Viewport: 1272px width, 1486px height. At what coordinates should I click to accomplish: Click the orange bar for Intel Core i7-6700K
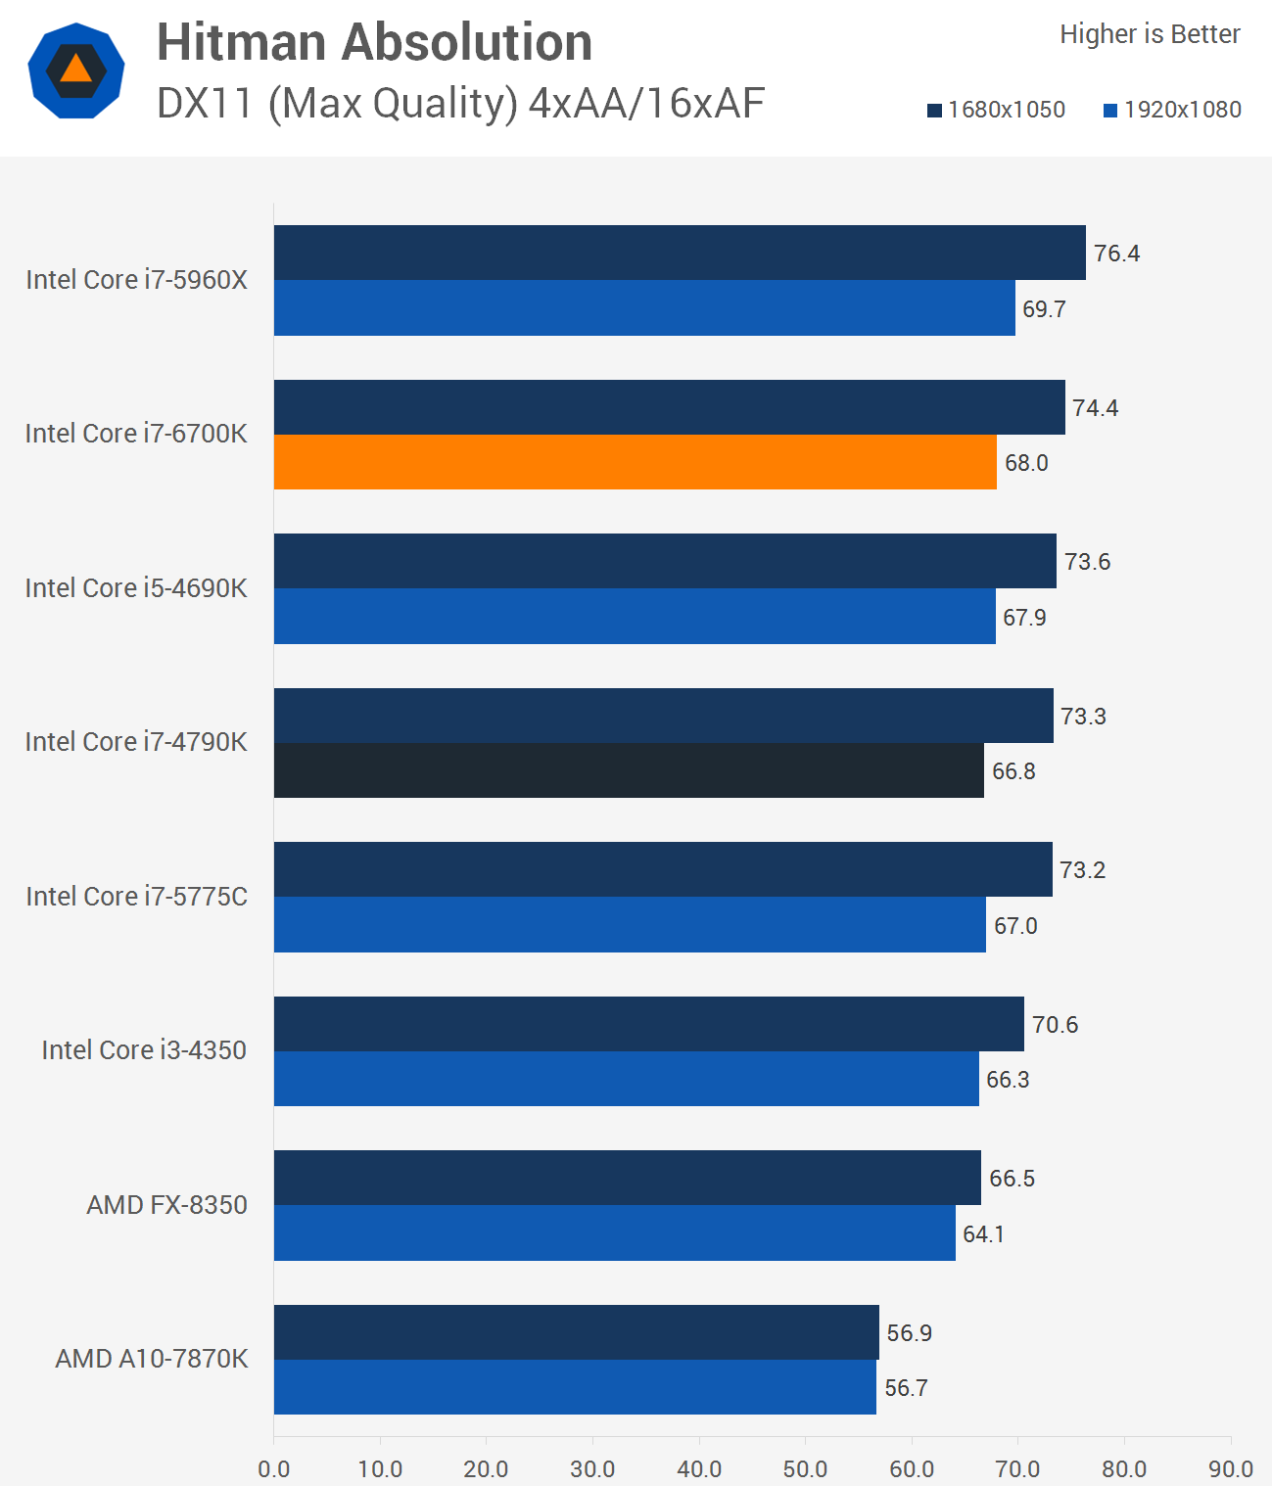coord(635,462)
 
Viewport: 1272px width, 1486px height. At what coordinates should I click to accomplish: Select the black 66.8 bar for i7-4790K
coord(629,770)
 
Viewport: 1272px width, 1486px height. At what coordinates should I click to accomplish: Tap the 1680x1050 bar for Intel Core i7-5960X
coord(680,253)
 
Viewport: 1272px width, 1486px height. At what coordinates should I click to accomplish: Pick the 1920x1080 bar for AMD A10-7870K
coord(575,1387)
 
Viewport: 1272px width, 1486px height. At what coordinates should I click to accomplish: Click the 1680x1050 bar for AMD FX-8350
coord(627,1178)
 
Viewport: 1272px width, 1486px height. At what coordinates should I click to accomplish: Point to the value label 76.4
coord(1116,254)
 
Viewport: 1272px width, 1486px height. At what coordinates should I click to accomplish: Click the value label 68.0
coord(1026,463)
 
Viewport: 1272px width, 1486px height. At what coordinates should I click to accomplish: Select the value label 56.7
coord(906,1388)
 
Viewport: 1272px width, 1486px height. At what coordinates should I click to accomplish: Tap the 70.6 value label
coord(1055,1025)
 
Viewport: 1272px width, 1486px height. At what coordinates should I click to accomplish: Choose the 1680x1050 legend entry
coord(997,110)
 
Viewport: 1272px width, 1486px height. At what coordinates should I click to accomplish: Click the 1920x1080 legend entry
coord(1173,110)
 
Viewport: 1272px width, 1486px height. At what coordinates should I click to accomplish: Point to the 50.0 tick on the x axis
coord(805,1468)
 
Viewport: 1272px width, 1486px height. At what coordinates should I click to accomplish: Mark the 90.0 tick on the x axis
coord(1230,1468)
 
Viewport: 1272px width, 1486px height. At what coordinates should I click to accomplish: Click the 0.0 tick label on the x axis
coord(274,1468)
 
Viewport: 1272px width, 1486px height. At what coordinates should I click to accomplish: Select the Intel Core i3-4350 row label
coord(144,1050)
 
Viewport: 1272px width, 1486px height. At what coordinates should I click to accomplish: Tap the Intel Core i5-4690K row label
coord(136,587)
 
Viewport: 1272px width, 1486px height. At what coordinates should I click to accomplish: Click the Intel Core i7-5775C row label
coord(136,896)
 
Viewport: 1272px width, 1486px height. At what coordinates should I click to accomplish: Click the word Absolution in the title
coord(467,42)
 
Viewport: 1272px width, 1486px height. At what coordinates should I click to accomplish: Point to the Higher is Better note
coord(1150,34)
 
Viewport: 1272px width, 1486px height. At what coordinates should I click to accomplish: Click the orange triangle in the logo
coord(75,70)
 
